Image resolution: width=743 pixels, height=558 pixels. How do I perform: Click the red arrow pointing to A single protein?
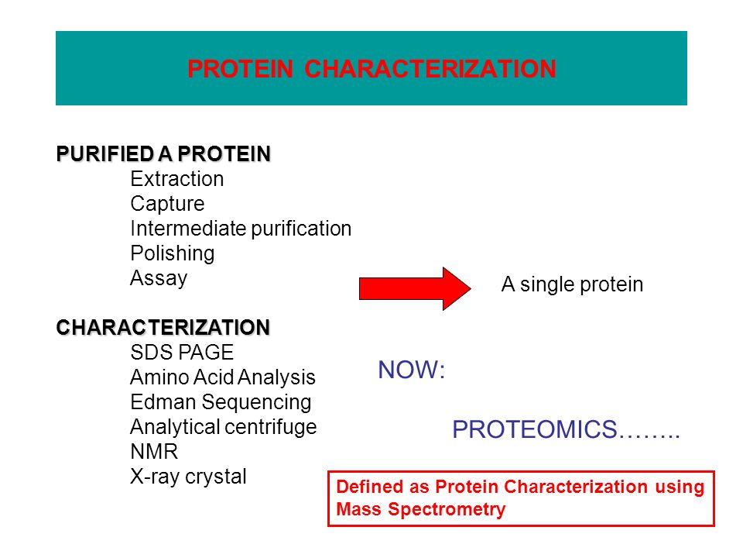click(415, 288)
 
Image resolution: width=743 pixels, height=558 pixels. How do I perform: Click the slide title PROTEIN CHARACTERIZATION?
click(371, 69)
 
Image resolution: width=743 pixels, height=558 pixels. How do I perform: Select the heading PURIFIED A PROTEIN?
click(163, 153)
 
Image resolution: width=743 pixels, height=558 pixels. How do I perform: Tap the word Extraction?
click(176, 179)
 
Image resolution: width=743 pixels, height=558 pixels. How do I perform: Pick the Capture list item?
click(167, 204)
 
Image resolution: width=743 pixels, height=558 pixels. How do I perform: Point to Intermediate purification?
click(241, 229)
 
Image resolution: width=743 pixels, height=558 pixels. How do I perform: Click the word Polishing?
click(173, 253)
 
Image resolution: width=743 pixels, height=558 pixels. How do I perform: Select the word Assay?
click(159, 278)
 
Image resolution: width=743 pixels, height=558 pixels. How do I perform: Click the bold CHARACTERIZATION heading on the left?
click(163, 327)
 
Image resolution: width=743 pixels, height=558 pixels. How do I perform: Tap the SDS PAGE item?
click(182, 353)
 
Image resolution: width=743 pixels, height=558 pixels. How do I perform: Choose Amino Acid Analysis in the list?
click(223, 377)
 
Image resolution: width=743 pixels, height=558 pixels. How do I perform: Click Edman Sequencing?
click(221, 402)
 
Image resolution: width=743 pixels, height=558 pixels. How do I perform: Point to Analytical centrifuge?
click(223, 427)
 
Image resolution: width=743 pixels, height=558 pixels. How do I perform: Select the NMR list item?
click(154, 452)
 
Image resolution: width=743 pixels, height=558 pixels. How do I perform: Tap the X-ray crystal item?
click(188, 477)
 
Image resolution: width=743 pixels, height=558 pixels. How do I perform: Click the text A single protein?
click(572, 284)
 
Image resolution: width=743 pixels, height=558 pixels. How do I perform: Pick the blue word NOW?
click(411, 370)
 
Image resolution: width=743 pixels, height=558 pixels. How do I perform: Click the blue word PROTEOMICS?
click(535, 429)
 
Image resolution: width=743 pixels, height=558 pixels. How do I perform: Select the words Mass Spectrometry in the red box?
click(421, 509)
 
